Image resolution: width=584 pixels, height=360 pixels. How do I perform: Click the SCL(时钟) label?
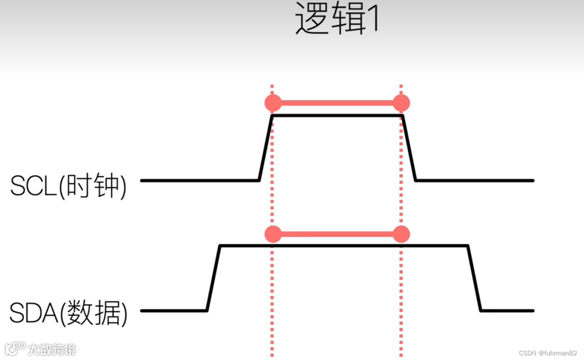click(x=68, y=186)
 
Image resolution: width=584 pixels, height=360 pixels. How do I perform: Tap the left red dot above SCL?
click(x=273, y=103)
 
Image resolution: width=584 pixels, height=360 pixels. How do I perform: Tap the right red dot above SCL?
click(x=401, y=103)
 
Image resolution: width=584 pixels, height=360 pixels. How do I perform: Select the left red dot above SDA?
click(x=273, y=234)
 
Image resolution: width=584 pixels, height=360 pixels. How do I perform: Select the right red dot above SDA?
click(x=401, y=234)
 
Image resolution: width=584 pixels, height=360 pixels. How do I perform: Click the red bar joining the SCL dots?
click(x=337, y=103)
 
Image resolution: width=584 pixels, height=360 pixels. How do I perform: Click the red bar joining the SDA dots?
click(x=337, y=234)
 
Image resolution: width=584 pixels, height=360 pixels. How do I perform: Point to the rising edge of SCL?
click(x=266, y=148)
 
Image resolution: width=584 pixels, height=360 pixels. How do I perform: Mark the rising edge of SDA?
click(x=213, y=278)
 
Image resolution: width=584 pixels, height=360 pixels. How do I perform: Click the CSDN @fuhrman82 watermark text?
click(x=549, y=353)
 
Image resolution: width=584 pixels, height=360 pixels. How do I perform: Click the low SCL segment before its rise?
click(x=200, y=180)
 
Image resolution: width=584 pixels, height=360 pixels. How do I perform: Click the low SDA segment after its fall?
click(x=507, y=311)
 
